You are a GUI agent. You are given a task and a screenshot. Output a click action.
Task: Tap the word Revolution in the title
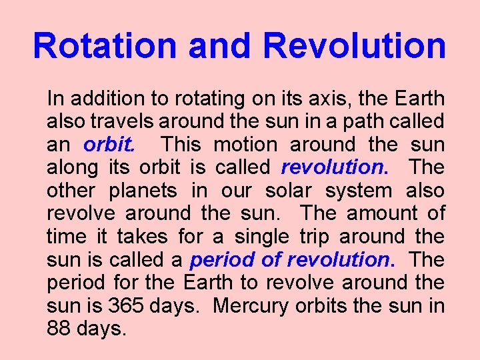354,46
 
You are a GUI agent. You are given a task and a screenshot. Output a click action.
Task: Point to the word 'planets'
142,191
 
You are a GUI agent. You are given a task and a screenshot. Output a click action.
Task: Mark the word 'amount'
381,213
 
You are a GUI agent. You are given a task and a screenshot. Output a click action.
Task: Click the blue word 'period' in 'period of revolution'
218,259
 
